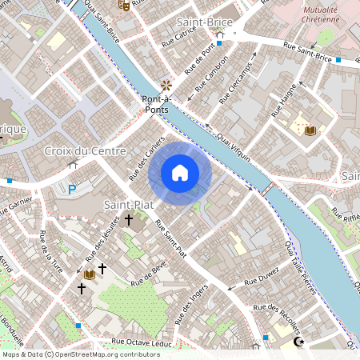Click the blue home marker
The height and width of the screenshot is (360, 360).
(x=180, y=173)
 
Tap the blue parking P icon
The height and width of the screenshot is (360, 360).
(x=71, y=190)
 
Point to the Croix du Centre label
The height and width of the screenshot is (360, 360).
(x=84, y=151)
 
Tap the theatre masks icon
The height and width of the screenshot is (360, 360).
(x=123, y=5)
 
